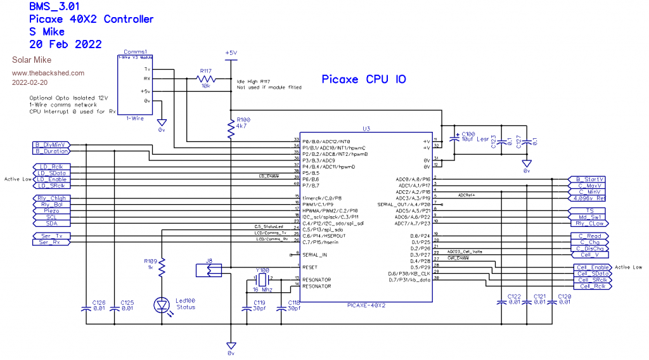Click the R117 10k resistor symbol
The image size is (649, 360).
coord(206,79)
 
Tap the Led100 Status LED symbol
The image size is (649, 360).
coord(162,305)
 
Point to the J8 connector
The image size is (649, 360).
coord(209,271)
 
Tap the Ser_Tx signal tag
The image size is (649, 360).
coord(51,236)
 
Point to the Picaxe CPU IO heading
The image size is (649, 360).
coord(363,79)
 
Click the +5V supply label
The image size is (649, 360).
coord(231,53)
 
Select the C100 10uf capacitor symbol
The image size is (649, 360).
coord(454,138)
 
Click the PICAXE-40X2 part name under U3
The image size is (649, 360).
coord(366,305)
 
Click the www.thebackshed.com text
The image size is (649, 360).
coord(48,73)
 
